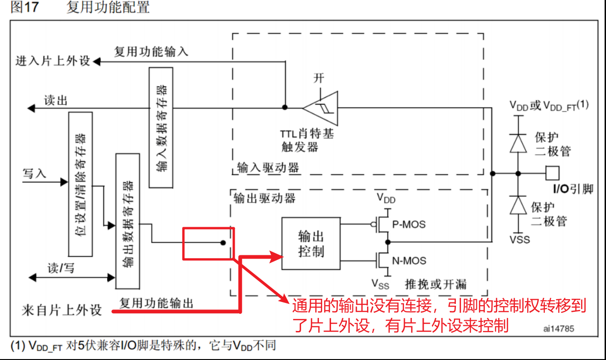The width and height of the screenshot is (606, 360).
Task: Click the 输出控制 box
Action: (x=310, y=243)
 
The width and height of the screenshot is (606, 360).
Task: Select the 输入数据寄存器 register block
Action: (x=161, y=128)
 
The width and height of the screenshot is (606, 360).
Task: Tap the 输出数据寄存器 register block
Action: (x=128, y=220)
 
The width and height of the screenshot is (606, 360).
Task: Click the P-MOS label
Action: (x=409, y=224)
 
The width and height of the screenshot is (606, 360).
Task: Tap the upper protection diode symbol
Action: (x=518, y=143)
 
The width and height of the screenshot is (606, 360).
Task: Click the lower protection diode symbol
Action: (x=518, y=204)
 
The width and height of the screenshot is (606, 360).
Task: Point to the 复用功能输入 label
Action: (x=151, y=51)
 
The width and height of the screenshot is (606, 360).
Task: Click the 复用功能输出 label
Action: (x=156, y=303)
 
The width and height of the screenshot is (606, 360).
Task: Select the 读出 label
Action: (x=56, y=101)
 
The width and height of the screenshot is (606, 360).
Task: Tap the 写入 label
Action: (x=35, y=173)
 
